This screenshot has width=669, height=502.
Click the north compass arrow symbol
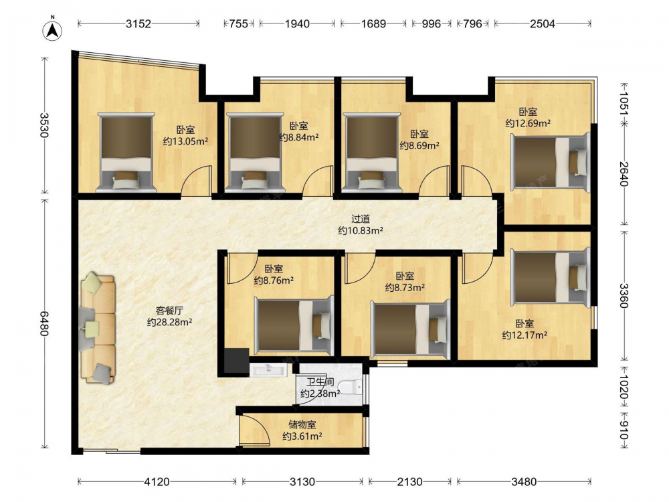(x=52, y=30)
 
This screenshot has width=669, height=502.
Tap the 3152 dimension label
(x=138, y=24)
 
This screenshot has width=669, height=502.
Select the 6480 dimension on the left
(x=44, y=323)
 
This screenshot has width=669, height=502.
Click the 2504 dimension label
(x=543, y=24)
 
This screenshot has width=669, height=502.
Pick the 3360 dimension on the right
(x=624, y=295)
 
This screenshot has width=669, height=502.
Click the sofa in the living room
(x=97, y=329)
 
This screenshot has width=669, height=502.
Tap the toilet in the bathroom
(x=353, y=387)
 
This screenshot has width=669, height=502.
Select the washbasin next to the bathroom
(x=268, y=369)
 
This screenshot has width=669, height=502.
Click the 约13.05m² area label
(x=185, y=141)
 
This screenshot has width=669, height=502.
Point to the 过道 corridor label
(x=361, y=219)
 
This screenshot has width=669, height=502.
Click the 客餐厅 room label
(x=169, y=311)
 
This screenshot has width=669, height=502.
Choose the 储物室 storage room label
(x=302, y=425)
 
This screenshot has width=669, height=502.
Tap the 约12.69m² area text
(x=528, y=123)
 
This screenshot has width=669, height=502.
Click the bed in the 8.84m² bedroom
(x=255, y=151)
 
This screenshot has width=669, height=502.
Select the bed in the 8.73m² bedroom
(x=411, y=329)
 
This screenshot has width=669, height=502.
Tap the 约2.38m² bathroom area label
(x=320, y=394)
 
